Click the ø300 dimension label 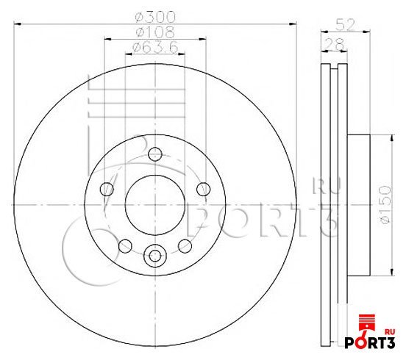pyautogui.click(x=155, y=17)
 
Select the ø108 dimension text pyautogui.click(x=155, y=32)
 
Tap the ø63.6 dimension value pyautogui.click(x=155, y=48)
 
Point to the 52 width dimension pyautogui.click(x=345, y=25)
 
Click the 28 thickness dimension pyautogui.click(x=334, y=44)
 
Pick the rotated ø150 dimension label pyautogui.click(x=384, y=204)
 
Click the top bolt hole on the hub pyautogui.click(x=155, y=154)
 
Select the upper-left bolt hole pyautogui.click(x=107, y=189)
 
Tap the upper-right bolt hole pyautogui.click(x=203, y=189)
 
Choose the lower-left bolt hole pyautogui.click(x=125, y=246)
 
